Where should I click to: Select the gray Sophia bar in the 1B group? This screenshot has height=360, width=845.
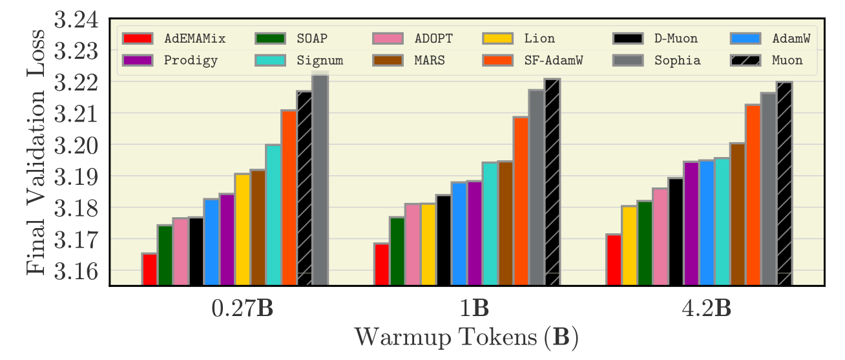pos(536,187)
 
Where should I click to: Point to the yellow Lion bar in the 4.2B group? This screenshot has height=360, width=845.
pos(629,246)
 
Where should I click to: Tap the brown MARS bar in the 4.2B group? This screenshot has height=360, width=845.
pos(738,214)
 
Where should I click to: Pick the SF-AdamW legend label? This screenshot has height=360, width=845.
pos(554,61)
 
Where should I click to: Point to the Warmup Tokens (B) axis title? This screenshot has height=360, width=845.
pos(466,337)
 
